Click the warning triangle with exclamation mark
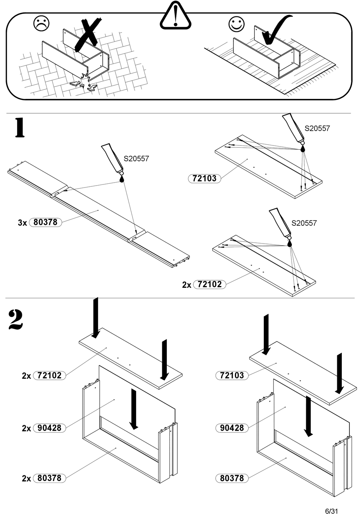tap(175, 16)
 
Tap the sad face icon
tap(41, 24)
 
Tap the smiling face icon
tap(236, 24)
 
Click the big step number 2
tap(16, 320)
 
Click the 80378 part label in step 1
tap(45, 222)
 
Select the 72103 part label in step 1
tap(205, 178)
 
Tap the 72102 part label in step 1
tap(210, 284)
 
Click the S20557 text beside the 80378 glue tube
tap(136, 159)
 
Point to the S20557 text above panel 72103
tap(317, 128)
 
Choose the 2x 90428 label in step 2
tap(49, 428)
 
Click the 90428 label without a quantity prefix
tap(232, 428)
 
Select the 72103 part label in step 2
tap(232, 375)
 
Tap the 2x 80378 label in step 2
tap(49, 478)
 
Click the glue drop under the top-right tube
tap(302, 149)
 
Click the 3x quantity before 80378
tap(22, 223)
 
